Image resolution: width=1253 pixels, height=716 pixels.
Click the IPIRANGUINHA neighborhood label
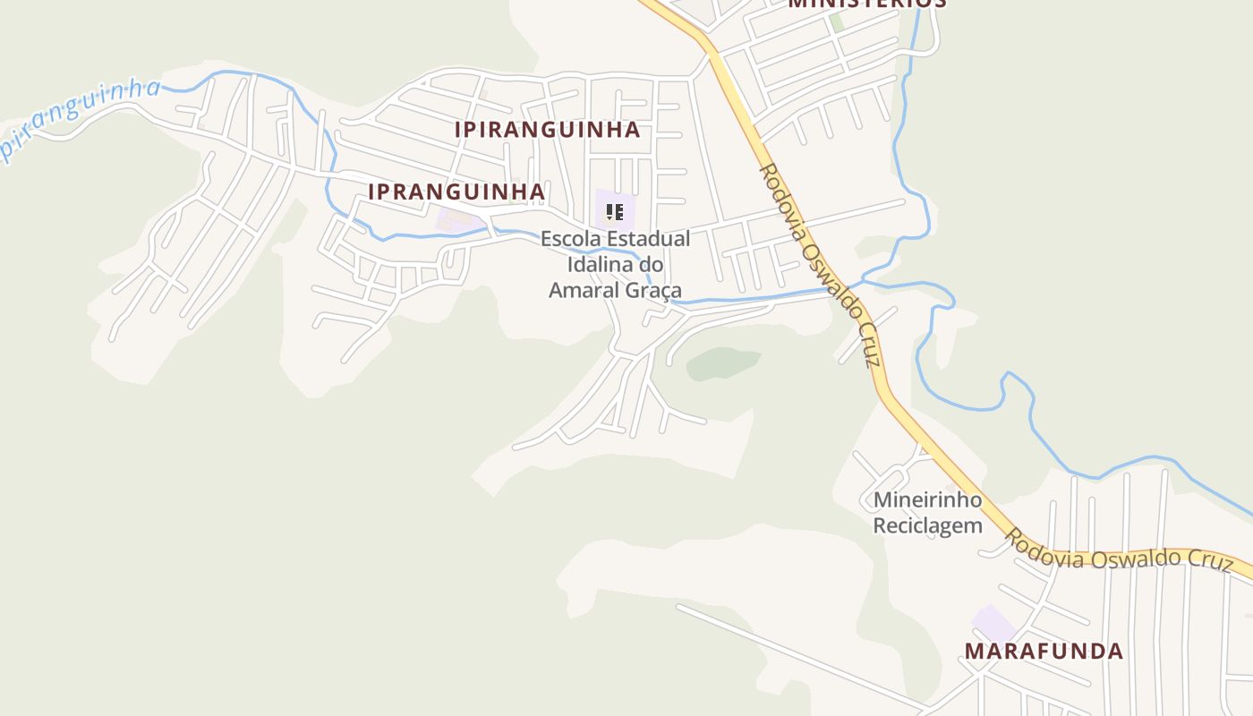click(x=547, y=130)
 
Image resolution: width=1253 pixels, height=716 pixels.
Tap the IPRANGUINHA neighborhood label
click(x=456, y=192)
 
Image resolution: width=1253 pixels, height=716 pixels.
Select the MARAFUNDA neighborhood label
click(x=1044, y=651)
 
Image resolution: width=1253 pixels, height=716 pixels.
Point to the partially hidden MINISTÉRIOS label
click(x=866, y=4)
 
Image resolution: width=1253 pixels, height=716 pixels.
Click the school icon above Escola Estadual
click(x=614, y=212)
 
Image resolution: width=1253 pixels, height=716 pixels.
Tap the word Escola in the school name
click(x=571, y=239)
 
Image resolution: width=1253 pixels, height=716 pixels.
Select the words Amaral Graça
click(x=615, y=290)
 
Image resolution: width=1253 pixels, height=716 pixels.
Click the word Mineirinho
click(x=927, y=499)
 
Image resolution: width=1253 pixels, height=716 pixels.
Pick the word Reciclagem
click(x=927, y=525)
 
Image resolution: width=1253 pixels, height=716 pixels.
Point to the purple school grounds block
click(x=616, y=209)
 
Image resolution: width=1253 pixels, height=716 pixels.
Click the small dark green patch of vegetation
click(x=723, y=362)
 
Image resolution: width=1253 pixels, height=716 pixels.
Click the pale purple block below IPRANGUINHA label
click(x=456, y=219)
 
